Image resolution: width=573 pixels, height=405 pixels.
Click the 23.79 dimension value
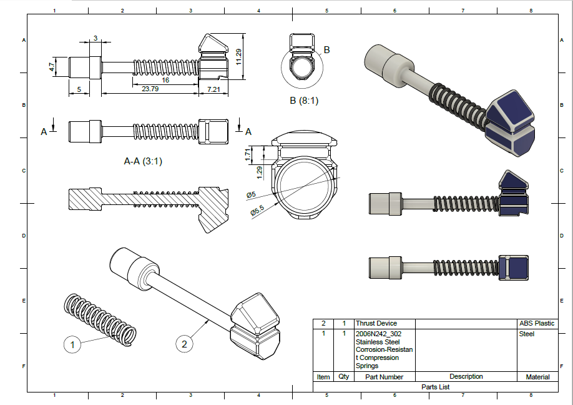pyautogui.click(x=150, y=89)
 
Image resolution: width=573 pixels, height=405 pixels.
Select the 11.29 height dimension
pyautogui.click(x=238, y=57)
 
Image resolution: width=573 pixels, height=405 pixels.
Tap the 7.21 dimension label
pyautogui.click(x=213, y=90)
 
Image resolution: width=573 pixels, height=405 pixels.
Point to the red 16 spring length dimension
pyautogui.click(x=165, y=80)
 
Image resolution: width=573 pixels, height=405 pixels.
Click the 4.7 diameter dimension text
pyautogui.click(x=54, y=65)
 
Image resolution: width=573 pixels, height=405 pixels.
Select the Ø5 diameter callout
pyautogui.click(x=251, y=195)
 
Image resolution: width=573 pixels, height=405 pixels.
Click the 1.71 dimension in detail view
pyautogui.click(x=248, y=152)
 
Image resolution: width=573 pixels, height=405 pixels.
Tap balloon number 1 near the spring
pyautogui.click(x=72, y=344)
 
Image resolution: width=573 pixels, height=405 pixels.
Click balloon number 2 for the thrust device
pyautogui.click(x=184, y=343)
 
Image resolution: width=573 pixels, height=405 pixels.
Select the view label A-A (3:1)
pyautogui.click(x=143, y=161)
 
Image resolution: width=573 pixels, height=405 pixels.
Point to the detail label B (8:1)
pyautogui.click(x=304, y=100)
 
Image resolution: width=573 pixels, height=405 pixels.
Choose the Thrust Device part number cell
pyautogui.click(x=376, y=323)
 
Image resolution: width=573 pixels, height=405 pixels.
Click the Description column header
pyautogui.click(x=466, y=376)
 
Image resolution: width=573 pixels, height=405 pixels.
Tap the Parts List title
pyautogui.click(x=435, y=387)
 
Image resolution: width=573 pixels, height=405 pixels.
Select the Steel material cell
pyautogui.click(x=527, y=334)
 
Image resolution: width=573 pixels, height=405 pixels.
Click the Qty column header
pyautogui.click(x=343, y=377)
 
